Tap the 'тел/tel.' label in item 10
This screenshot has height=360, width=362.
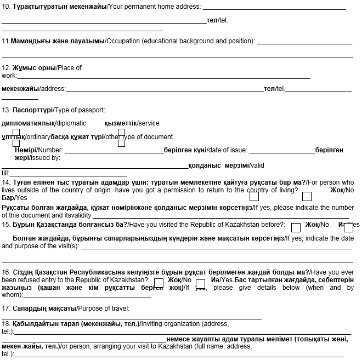coord(217,20)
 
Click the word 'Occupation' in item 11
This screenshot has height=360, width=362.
coord(123,41)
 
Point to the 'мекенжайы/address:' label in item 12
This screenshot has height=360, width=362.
coord(33,89)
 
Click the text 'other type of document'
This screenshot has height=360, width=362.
coord(139,137)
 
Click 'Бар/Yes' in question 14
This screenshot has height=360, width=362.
coord(14,197)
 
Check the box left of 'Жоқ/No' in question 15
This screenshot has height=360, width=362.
coord(296,227)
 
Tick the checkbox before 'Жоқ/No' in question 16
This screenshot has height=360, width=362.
coord(159,283)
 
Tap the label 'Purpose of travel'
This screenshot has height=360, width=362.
coord(104,308)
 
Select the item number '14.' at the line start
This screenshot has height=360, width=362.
coord(6,182)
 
